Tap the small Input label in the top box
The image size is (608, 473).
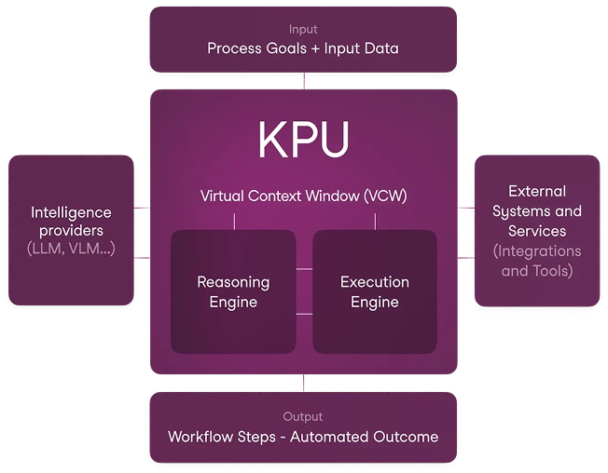click(303, 30)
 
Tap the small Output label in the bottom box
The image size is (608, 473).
click(303, 416)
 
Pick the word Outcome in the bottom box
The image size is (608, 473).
click(408, 436)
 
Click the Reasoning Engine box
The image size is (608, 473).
click(233, 291)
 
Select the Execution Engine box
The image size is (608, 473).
click(374, 291)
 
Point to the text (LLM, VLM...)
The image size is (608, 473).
click(71, 249)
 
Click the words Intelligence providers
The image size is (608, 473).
click(71, 222)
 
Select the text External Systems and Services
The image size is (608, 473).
click(537, 210)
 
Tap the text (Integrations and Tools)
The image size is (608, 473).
click(537, 261)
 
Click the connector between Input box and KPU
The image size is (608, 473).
click(304, 82)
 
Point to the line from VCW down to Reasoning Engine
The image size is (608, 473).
click(234, 220)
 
